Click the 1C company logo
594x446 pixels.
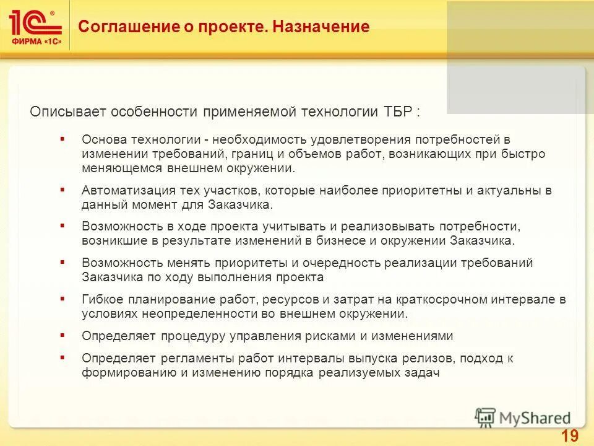click(x=35, y=27)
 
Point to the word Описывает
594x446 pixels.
click(x=68, y=112)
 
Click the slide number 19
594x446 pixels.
click(x=570, y=436)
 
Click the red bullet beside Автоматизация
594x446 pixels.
click(x=62, y=190)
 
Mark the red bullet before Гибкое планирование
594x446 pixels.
click(x=62, y=299)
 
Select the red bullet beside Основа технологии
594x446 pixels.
click(x=62, y=139)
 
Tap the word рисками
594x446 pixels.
click(x=338, y=336)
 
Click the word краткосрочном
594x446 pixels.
click(x=428, y=300)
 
